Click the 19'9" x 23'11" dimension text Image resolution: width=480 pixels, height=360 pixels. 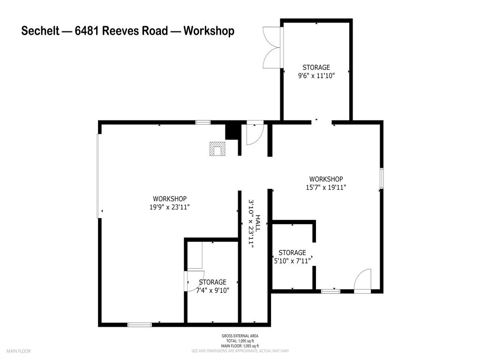tap(170, 206)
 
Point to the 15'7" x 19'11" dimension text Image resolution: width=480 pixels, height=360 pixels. tap(326, 187)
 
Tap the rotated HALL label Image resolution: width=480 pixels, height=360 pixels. tap(257, 223)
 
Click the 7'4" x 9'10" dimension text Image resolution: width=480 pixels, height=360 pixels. tap(212, 290)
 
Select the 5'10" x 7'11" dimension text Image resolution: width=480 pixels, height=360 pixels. tap(292, 261)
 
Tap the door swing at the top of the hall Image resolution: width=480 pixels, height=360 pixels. tap(255, 134)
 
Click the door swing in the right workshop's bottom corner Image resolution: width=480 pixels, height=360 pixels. tap(363, 280)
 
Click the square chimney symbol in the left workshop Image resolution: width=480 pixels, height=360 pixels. tap(217, 149)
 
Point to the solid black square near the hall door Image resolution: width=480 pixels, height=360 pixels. tap(232, 131)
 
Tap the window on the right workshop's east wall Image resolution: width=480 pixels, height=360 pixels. tap(382, 178)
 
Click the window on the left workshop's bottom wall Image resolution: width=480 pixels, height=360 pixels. tap(140, 324)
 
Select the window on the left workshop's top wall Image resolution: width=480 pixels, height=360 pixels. tap(202, 122)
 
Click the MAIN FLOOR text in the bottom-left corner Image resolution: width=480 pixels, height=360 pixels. tap(18, 351)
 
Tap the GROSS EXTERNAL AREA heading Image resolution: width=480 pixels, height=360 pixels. tap(240, 336)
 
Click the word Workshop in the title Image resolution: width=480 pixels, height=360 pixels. tap(209, 31)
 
